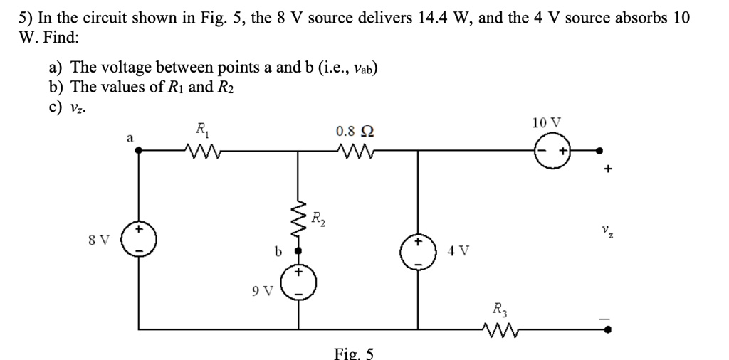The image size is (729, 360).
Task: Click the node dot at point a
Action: pos(139,151)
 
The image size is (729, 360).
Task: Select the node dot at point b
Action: pos(299,251)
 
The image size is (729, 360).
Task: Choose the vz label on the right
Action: pos(605,231)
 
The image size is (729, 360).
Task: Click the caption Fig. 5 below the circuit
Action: pos(354,352)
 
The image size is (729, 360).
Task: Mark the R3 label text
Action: pos(499,309)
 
